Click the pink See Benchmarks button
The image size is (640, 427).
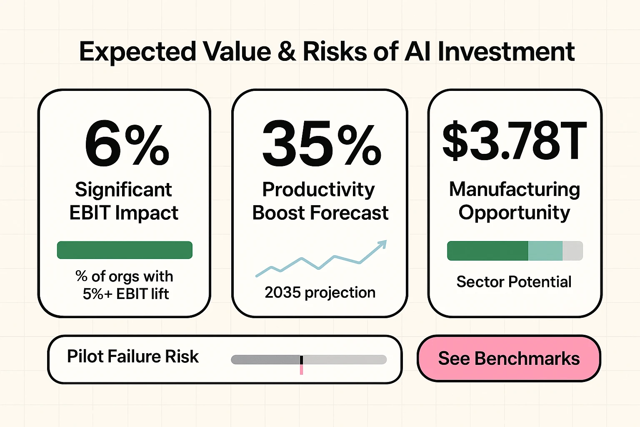(509, 359)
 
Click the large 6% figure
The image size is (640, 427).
(127, 144)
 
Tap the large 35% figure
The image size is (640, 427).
(321, 144)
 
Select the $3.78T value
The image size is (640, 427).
(515, 142)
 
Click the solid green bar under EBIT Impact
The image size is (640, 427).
(125, 250)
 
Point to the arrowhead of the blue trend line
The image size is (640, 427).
(382, 244)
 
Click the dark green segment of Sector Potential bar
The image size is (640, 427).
(487, 251)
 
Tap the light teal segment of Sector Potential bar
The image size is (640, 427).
(545, 251)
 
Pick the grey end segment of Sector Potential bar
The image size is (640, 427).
(572, 251)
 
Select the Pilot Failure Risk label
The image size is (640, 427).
(133, 357)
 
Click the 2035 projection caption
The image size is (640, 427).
(320, 293)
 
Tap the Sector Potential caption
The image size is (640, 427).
(514, 282)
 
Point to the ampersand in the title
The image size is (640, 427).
(286, 52)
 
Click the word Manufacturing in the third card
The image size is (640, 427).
(515, 190)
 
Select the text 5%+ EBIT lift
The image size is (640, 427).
(125, 294)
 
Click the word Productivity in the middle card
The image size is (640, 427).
(319, 190)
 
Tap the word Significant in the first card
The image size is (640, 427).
(123, 190)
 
